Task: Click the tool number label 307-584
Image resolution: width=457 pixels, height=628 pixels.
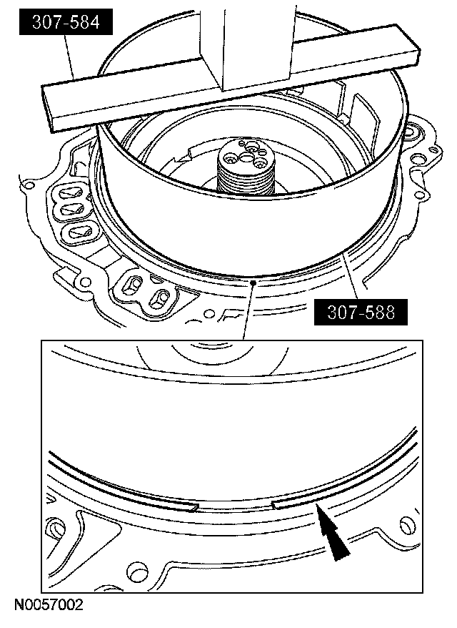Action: click(x=66, y=22)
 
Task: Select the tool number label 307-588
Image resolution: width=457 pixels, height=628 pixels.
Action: click(x=361, y=312)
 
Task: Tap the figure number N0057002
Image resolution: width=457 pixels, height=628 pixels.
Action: click(x=49, y=604)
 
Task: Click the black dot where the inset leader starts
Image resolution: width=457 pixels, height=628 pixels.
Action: click(x=253, y=283)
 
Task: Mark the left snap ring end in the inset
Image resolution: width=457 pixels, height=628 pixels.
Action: click(x=194, y=507)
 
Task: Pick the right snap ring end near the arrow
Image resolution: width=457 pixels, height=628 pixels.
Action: click(x=276, y=506)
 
